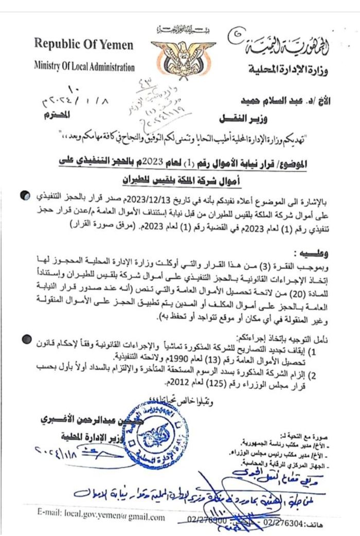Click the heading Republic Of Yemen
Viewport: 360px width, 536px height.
[83, 45]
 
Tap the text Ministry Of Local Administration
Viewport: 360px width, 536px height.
[84, 67]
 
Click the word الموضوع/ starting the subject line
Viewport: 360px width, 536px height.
[291, 165]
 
